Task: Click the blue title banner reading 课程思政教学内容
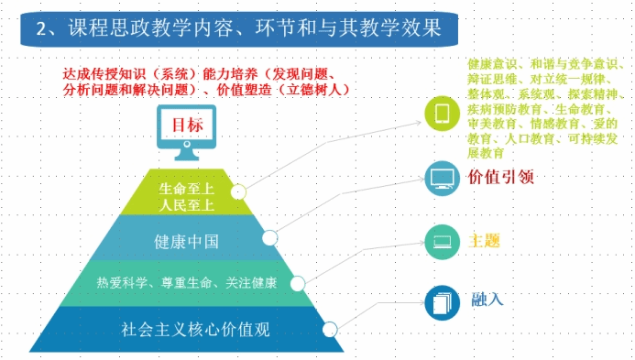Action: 239,28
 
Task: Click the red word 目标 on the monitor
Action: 187,125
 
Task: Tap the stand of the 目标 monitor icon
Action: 186,154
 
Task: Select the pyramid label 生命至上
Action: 186,189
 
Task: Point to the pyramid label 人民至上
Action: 186,205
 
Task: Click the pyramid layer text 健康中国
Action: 186,242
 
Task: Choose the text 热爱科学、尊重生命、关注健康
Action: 187,283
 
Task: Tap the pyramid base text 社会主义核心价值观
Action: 195,329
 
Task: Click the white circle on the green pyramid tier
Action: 238,192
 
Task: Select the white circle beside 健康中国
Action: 269,238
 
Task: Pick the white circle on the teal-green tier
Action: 298,283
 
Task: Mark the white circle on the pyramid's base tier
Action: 330,330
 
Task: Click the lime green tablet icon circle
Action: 442,114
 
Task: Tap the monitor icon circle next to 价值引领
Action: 442,179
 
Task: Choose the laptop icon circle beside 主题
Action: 442,242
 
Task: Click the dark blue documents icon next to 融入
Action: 442,303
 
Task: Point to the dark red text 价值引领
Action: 501,177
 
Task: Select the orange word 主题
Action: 484,241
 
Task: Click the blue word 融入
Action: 487,300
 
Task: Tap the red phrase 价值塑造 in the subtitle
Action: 245,90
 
